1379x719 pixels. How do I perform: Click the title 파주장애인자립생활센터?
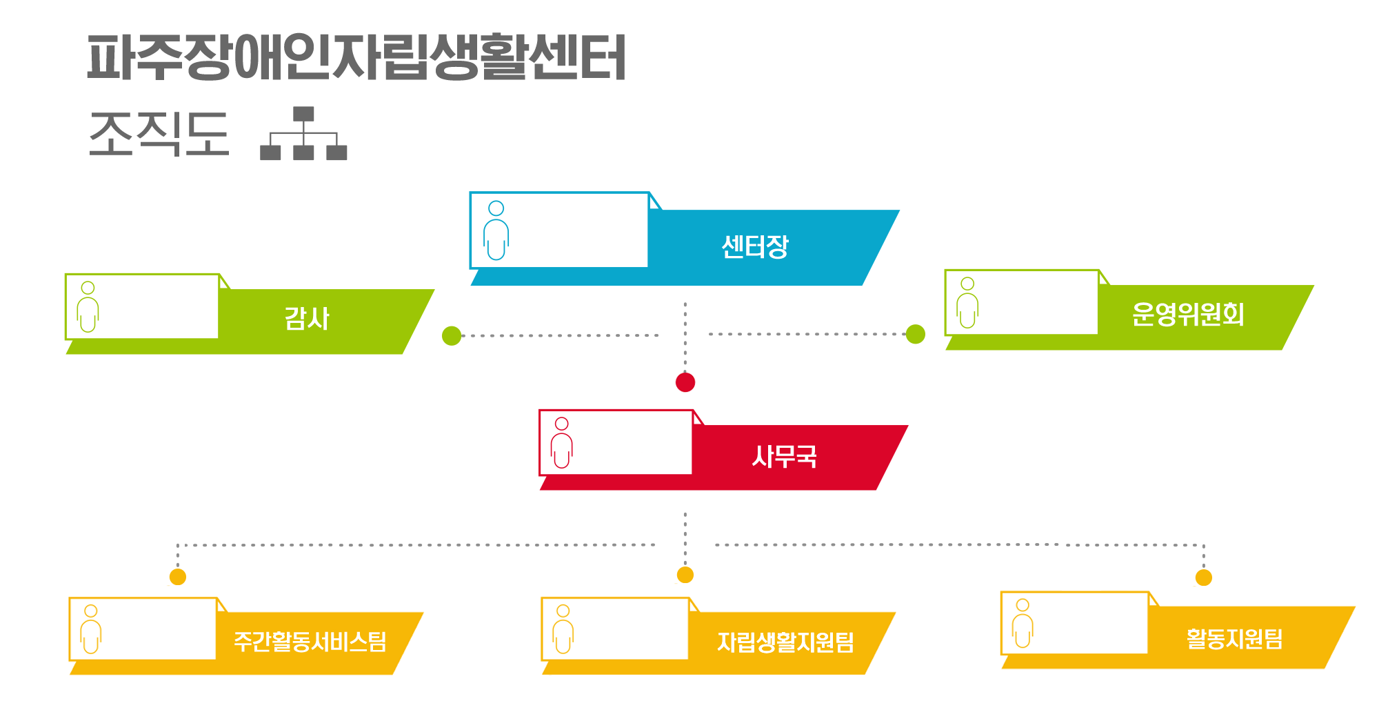(356, 57)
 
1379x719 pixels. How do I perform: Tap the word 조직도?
(159, 133)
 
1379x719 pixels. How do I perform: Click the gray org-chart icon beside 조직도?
(303, 133)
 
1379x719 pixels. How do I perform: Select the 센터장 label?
(754, 246)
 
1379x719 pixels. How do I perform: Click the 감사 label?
(307, 318)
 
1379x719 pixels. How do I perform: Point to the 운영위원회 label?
(1188, 314)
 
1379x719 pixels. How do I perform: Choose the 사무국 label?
(784, 456)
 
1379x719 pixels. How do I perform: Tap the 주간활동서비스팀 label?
(310, 642)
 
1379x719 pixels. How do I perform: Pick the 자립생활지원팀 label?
(785, 642)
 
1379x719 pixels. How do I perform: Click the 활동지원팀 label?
(1234, 638)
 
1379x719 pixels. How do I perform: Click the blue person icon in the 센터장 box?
(496, 230)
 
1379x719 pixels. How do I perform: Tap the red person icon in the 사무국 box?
(562, 443)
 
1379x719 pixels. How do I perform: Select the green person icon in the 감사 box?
(88, 307)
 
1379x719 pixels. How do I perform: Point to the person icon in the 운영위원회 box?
(967, 303)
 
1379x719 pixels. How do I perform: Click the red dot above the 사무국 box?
(685, 382)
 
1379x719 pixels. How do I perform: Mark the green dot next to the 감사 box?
(452, 336)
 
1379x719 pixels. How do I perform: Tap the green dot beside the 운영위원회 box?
(916, 334)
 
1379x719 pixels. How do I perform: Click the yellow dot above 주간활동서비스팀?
(178, 577)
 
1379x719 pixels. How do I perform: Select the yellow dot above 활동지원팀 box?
(1204, 578)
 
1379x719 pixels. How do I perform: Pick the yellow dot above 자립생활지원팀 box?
(685, 575)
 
